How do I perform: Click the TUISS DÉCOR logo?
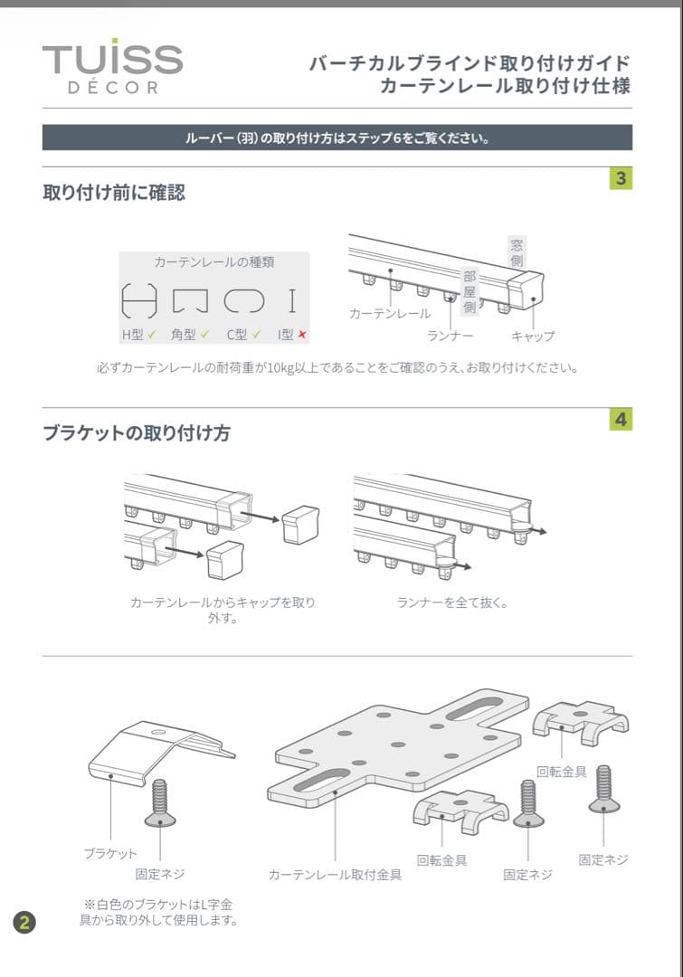coord(112,66)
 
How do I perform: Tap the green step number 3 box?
coord(621,178)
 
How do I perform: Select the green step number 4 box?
coord(621,420)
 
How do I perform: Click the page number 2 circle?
coord(24,923)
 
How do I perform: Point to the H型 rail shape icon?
coord(139,299)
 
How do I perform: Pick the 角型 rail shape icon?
coord(190,299)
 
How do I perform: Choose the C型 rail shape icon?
coord(243,299)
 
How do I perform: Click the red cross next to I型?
coord(302,335)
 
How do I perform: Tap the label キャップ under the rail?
coord(533,336)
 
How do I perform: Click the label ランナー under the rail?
coord(451,336)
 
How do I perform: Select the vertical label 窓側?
coord(516,252)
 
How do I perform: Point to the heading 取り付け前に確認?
coord(114,193)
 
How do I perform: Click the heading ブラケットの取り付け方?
coord(137,433)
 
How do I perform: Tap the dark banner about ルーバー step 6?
coord(337,138)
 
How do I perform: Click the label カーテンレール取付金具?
coord(335,875)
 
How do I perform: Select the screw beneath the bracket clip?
coord(160,802)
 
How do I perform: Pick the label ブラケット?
coord(110,853)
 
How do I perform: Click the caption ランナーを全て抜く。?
coord(452,602)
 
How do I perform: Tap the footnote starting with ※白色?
coord(159,912)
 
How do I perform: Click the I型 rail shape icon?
coord(291,299)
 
